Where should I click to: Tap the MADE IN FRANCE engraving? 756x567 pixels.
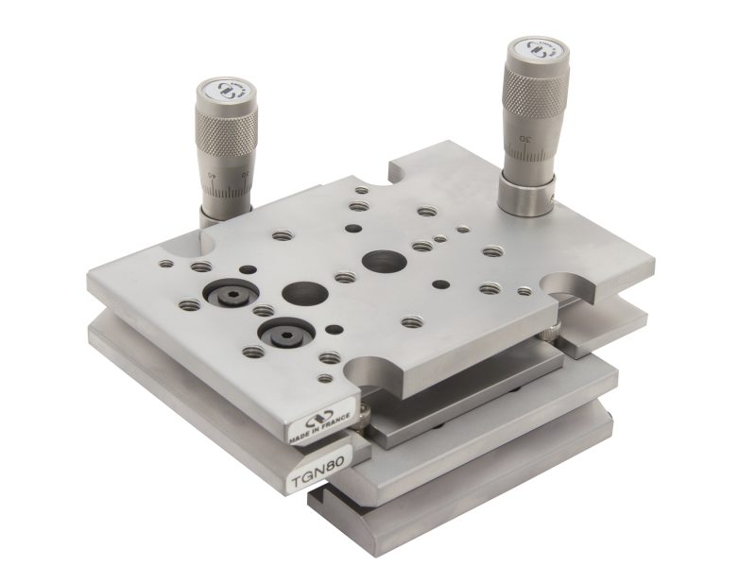tap(320, 430)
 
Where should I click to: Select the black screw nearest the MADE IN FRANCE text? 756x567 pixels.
tap(283, 334)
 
